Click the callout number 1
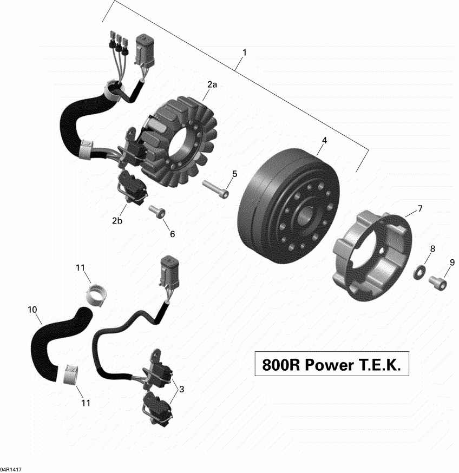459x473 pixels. [245, 52]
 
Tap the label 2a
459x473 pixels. [212, 85]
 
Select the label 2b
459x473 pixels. [117, 220]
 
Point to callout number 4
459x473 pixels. [324, 140]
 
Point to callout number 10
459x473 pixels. [32, 310]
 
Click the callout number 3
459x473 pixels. [181, 389]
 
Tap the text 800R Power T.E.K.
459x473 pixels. [332, 365]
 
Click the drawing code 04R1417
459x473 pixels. [11, 469]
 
